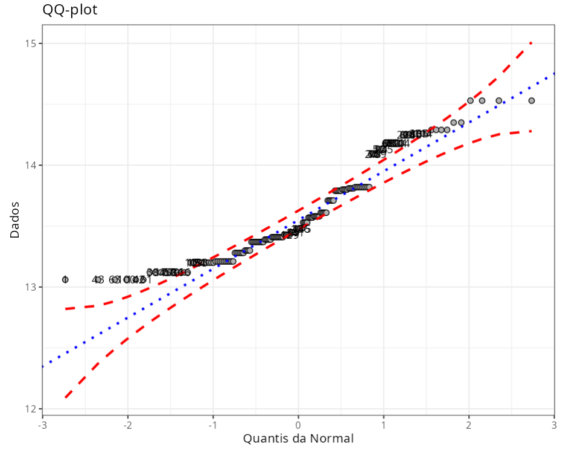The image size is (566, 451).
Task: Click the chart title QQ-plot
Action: [x=70, y=10]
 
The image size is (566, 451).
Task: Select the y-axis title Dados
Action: [x=14, y=219]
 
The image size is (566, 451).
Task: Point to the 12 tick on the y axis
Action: [x=30, y=409]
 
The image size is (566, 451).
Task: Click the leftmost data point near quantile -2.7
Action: [x=65, y=279]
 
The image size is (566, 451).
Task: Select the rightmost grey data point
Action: [x=532, y=100]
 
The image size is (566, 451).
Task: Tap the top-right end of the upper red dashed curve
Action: [x=532, y=42]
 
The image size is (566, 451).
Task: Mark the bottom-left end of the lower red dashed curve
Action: [x=65, y=398]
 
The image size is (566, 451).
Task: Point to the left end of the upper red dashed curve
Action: [x=65, y=309]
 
